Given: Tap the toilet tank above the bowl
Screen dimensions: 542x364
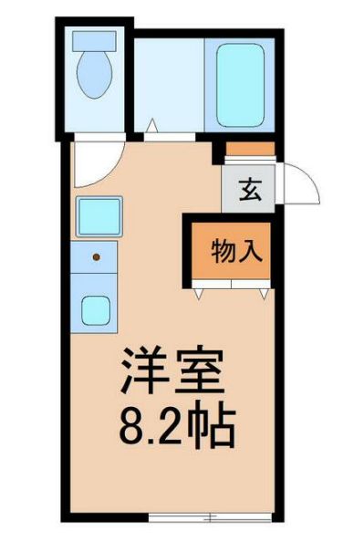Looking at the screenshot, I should pos(94,40).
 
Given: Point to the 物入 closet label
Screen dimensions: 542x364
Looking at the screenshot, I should pos(238,249).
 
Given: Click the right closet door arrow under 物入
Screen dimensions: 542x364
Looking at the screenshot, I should pos(264,294).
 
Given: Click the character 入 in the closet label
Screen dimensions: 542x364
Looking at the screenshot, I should pos(253,249).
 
